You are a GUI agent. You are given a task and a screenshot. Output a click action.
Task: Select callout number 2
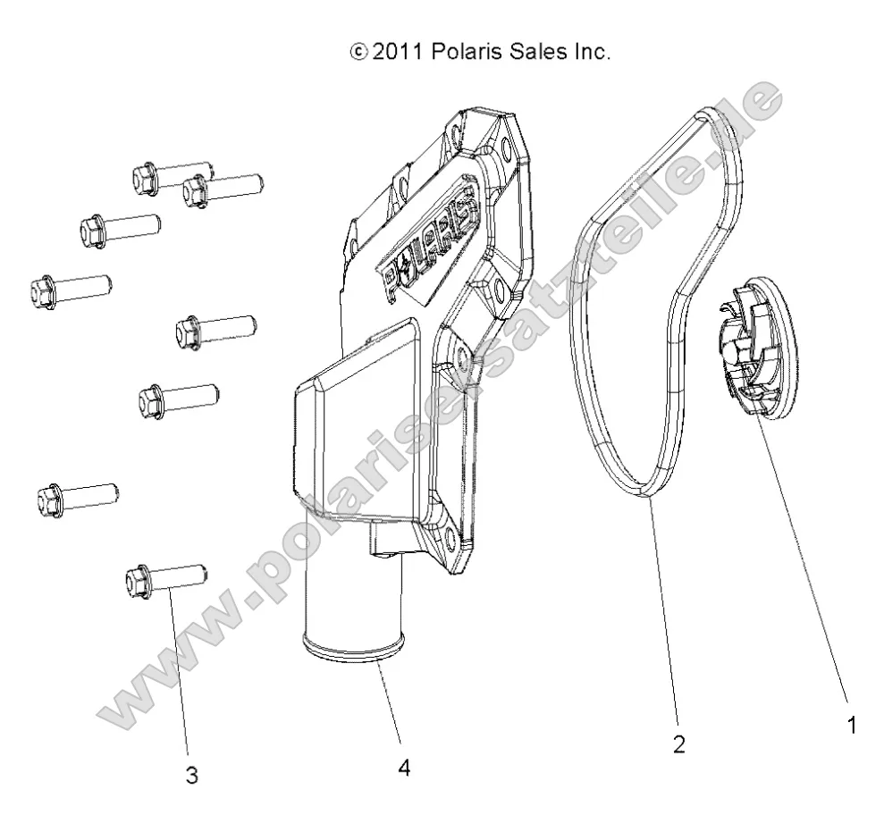point(679,744)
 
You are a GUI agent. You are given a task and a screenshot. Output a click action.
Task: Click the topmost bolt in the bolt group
point(171,177)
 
